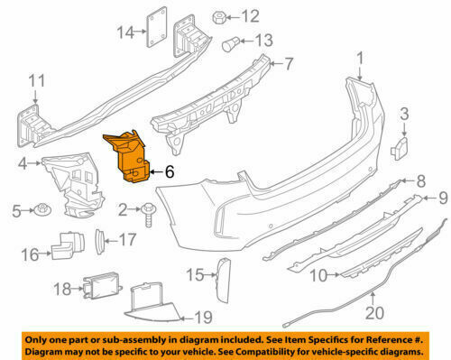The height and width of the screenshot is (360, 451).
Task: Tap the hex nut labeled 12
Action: [218, 17]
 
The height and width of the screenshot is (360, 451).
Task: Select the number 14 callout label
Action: [125, 32]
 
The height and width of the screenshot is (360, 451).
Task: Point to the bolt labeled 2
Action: [149, 214]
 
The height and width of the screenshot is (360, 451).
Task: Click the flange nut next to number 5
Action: [43, 209]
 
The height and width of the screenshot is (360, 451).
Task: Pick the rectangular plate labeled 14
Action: [156, 27]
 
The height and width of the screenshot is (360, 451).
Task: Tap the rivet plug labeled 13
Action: [230, 44]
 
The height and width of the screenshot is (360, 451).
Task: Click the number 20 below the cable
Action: [374, 313]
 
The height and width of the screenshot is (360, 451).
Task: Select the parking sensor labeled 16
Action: [68, 245]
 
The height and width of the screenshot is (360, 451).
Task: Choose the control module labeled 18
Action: [102, 286]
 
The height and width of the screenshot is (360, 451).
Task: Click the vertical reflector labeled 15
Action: [224, 281]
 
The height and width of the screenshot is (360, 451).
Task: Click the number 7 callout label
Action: [288, 64]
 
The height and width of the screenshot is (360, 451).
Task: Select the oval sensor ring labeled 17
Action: [99, 241]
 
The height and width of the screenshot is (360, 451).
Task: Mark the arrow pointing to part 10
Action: [335, 274]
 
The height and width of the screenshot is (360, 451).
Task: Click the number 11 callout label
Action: [37, 80]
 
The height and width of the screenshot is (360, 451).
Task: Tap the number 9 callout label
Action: [443, 198]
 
